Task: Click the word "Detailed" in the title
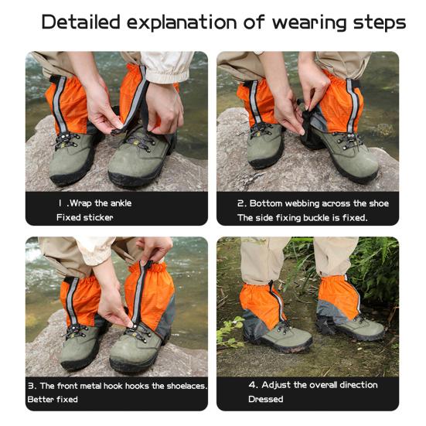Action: (80, 22)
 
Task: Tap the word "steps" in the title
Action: (380, 23)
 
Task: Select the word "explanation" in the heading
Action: (182, 22)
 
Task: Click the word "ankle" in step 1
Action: (121, 203)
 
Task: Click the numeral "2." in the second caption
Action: (242, 203)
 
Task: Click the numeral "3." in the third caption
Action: (32, 386)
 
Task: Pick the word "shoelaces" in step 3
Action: (186, 386)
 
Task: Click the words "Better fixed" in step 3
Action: (53, 400)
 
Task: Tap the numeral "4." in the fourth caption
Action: (253, 385)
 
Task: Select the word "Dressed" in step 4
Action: (266, 399)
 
